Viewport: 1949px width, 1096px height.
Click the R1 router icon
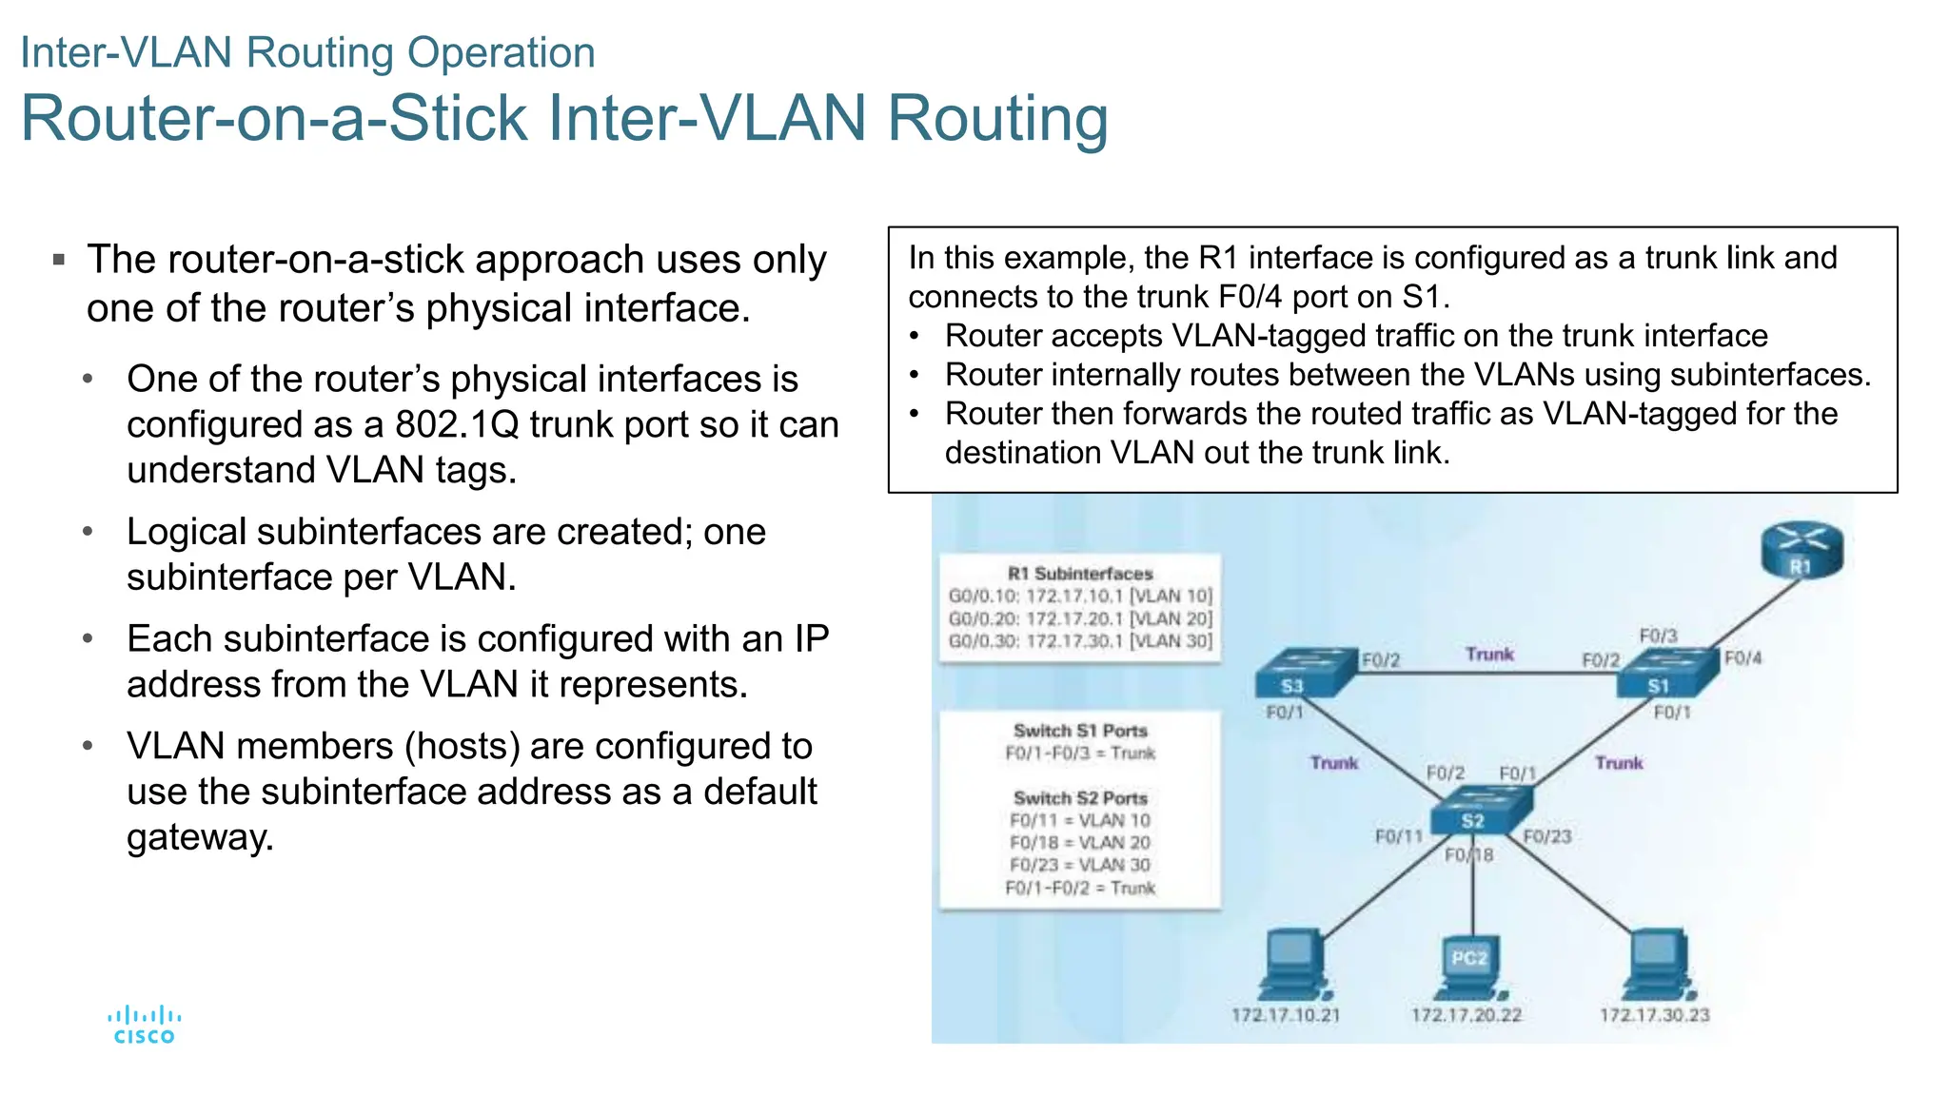pyautogui.click(x=1801, y=551)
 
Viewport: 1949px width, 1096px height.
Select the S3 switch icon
pyautogui.click(x=1305, y=673)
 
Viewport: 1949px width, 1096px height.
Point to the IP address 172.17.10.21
pyautogui.click(x=1286, y=1015)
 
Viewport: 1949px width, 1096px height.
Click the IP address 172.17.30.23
pyautogui.click(x=1655, y=1015)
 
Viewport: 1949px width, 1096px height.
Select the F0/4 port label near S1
pyautogui.click(x=1743, y=658)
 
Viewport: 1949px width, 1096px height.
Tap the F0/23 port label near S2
pyautogui.click(x=1547, y=836)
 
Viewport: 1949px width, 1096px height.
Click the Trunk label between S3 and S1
pyautogui.click(x=1489, y=655)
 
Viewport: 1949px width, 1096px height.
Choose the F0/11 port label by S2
pyautogui.click(x=1398, y=836)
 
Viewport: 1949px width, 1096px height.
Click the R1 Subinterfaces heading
pyautogui.click(x=1080, y=574)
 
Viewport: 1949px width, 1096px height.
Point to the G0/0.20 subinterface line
pyautogui.click(x=1080, y=618)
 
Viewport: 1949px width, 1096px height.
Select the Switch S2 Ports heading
pyautogui.click(x=1080, y=798)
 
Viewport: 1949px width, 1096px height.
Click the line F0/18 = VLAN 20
pyautogui.click(x=1080, y=843)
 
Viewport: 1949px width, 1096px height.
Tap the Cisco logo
pyautogui.click(x=145, y=1026)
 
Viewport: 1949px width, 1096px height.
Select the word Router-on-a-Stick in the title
pyautogui.click(x=274, y=119)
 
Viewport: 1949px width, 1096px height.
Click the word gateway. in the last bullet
pyautogui.click(x=201, y=837)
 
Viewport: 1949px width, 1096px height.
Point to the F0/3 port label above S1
pyautogui.click(x=1658, y=636)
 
